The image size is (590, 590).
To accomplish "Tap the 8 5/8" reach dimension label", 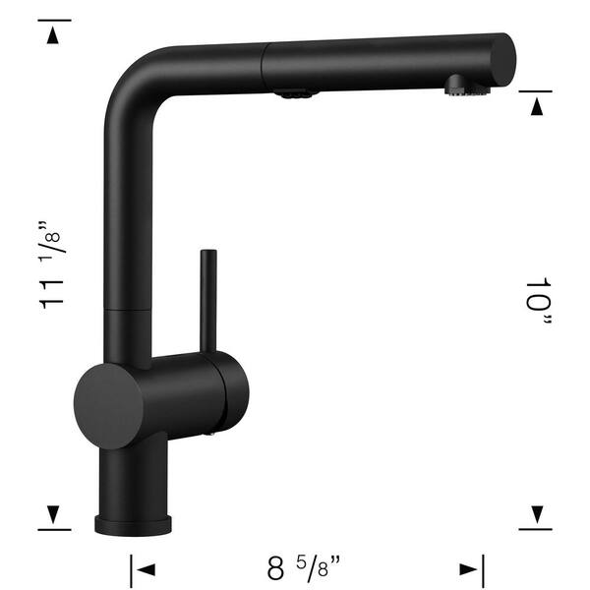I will pos(306,568).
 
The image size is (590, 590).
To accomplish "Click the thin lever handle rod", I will pos(208,299).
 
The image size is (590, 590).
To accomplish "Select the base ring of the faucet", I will pos(134,522).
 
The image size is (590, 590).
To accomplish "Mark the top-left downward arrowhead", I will pos(53,36).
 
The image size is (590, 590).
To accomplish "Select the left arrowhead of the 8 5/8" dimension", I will pos(147,568).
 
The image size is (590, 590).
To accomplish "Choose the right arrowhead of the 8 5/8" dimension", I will pos(466,568).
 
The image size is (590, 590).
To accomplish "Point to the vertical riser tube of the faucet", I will pos(125,226).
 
